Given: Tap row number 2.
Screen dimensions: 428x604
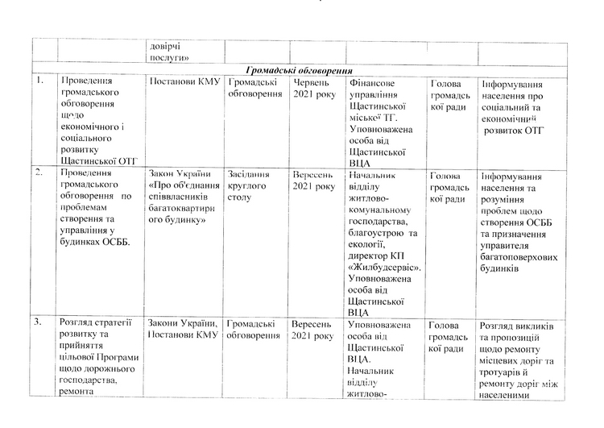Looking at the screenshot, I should tap(39, 173).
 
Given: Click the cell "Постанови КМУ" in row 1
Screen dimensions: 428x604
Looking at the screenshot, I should tap(184, 82).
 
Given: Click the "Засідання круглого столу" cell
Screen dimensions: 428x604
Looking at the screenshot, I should tap(251, 186).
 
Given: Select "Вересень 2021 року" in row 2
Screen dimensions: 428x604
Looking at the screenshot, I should tap(313, 181).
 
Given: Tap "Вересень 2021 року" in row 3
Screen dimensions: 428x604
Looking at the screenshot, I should tap(313, 330).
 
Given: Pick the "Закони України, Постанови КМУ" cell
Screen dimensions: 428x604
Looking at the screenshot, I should tap(184, 330).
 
